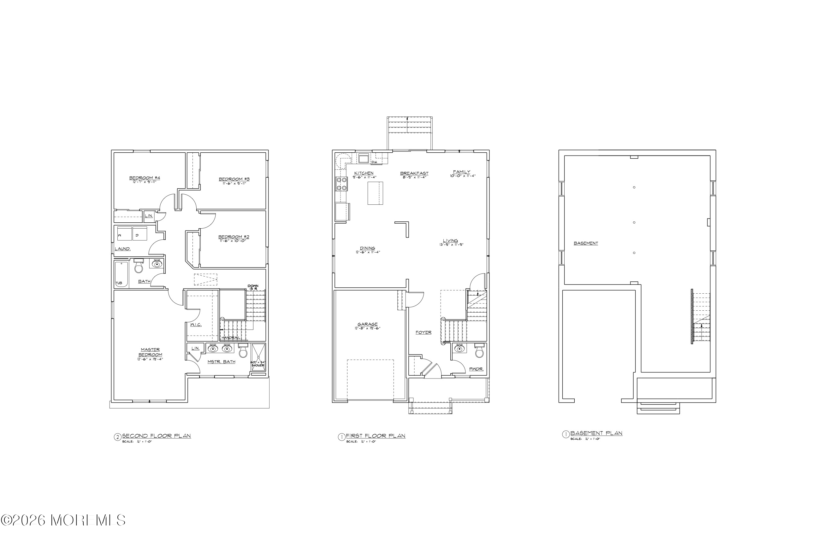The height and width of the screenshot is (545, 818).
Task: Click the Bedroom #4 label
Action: (145, 178)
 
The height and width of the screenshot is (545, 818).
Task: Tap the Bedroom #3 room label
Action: (234, 179)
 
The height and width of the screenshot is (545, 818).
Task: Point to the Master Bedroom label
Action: (150, 352)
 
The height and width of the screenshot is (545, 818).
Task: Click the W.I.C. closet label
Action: (196, 325)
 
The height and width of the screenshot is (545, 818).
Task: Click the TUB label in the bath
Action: (119, 283)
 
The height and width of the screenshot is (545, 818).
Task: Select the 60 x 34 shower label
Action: (258, 364)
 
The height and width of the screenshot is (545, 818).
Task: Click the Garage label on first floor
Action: (368, 324)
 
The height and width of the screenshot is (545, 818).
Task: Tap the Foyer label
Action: (424, 333)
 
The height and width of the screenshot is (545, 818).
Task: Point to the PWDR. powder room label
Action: (476, 369)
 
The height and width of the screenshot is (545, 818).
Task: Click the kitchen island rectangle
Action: (375, 193)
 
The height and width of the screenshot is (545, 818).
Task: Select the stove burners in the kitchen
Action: (341, 184)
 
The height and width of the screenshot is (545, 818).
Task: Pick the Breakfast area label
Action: (414, 173)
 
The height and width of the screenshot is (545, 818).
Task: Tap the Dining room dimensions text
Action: (368, 252)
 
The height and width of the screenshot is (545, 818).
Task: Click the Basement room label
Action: (586, 243)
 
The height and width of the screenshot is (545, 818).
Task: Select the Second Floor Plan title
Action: (156, 436)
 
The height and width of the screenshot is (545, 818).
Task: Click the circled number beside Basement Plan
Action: (566, 434)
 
